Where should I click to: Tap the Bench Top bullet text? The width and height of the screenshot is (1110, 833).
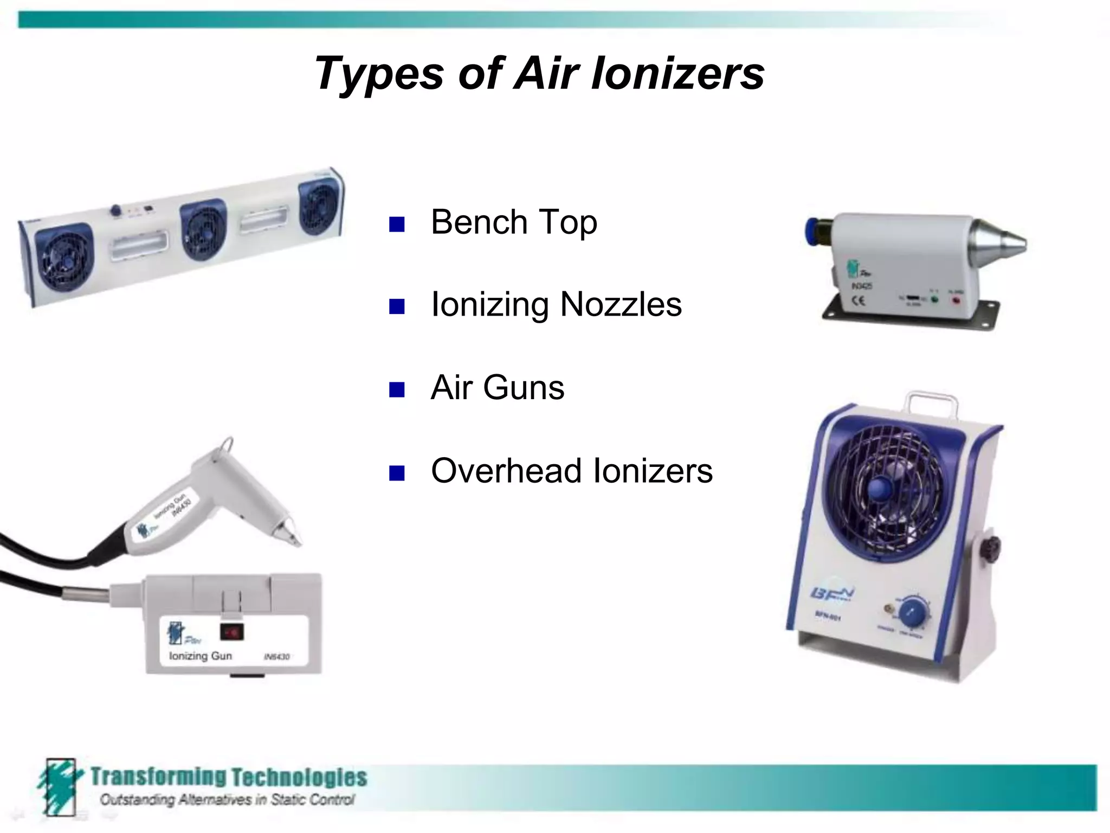coord(514,222)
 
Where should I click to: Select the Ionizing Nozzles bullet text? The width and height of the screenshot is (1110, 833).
coord(556,305)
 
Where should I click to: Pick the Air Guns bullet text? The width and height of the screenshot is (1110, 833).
coord(497,388)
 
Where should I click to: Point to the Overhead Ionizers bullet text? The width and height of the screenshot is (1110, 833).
coord(571,471)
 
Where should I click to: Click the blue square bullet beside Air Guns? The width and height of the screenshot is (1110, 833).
coord(397,389)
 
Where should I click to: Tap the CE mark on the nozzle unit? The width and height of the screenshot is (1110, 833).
coord(859,300)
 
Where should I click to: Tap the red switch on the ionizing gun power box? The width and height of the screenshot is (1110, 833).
coord(232,632)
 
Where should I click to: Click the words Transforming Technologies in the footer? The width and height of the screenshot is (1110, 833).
coord(228,777)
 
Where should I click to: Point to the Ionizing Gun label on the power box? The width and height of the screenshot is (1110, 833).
coord(200,656)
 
